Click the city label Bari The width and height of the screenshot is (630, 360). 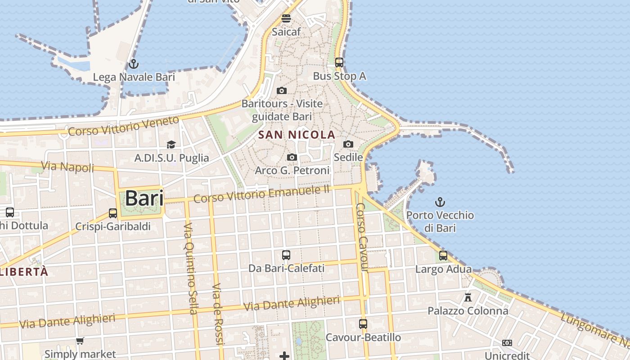[144, 198]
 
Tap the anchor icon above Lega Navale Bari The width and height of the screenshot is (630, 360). [133, 64]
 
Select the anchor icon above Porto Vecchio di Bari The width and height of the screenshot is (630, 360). [440, 202]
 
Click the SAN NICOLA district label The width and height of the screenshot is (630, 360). [297, 135]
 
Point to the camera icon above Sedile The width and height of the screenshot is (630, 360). [348, 144]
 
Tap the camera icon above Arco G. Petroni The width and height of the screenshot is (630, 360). [292, 157]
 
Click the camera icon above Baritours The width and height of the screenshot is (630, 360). [282, 91]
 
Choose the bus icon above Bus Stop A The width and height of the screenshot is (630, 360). [339, 63]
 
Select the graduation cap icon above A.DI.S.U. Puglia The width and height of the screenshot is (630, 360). [171, 144]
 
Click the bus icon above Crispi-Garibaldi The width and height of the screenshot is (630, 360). [113, 213]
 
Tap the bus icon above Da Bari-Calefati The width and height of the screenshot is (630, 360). [286, 255]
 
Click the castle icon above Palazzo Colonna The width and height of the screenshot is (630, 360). [468, 297]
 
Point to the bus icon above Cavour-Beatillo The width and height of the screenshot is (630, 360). [363, 324]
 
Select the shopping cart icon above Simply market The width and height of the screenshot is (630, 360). [80, 341]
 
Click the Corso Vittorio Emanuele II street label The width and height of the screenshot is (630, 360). [262, 194]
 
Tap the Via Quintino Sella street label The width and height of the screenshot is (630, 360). [191, 268]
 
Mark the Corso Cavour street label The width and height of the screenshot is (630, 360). [362, 237]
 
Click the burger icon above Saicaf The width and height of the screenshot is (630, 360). [286, 18]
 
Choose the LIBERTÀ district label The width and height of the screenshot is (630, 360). [24, 272]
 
